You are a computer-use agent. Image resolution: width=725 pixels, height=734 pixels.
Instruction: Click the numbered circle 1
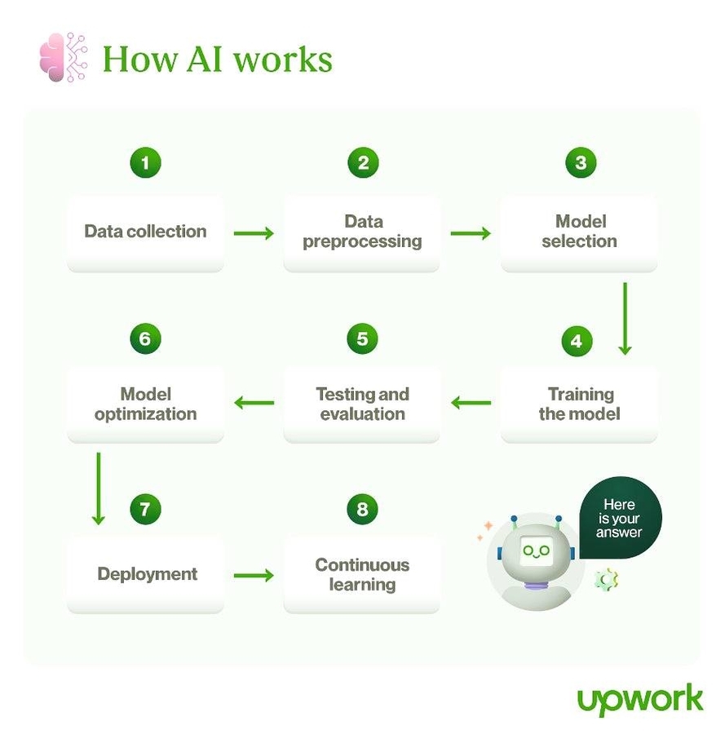(x=145, y=163)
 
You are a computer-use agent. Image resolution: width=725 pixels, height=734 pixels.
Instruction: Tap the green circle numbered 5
(x=362, y=338)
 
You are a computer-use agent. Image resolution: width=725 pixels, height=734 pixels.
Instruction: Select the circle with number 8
(x=362, y=511)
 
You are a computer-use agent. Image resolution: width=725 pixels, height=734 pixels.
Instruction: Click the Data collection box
(x=145, y=232)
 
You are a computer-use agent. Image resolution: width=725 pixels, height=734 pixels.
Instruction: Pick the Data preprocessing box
(x=362, y=232)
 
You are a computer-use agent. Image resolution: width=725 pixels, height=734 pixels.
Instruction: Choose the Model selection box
(x=579, y=232)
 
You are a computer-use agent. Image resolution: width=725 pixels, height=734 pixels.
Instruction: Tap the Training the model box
(x=579, y=405)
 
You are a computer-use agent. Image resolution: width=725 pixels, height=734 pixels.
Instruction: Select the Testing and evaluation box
(x=362, y=405)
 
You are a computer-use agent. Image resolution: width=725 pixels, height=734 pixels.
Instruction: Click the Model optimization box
(x=145, y=405)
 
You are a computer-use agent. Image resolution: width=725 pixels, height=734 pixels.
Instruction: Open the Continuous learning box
(x=362, y=575)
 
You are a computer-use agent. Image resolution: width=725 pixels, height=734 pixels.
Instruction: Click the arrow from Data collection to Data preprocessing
(x=254, y=234)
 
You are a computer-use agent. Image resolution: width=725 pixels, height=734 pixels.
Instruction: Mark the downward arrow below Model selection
(x=625, y=318)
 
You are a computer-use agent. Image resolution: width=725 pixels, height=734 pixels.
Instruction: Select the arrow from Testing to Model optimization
(x=254, y=402)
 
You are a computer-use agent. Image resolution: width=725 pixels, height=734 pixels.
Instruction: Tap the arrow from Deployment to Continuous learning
(x=254, y=576)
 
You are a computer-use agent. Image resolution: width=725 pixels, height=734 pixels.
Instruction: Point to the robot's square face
(x=536, y=551)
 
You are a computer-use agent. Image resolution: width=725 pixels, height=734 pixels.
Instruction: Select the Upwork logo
(x=639, y=699)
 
